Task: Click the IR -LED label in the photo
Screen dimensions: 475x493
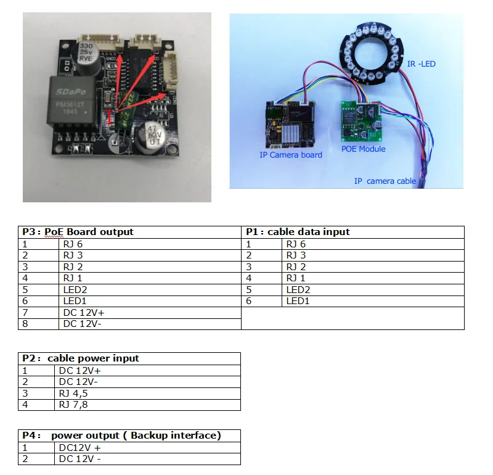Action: (422, 64)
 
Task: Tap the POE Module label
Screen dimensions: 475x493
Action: (364, 149)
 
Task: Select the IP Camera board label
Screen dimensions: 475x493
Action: (291, 155)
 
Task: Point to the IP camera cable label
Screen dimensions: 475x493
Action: (385, 181)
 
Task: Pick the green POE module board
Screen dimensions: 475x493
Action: (363, 119)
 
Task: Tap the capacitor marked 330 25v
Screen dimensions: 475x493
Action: (87, 49)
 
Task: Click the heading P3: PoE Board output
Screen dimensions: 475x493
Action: (78, 232)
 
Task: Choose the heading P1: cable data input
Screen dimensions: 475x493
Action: (298, 232)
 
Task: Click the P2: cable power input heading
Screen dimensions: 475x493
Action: (81, 358)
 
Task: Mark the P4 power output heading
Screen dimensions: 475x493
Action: (121, 436)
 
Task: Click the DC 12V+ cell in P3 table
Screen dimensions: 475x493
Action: (83, 312)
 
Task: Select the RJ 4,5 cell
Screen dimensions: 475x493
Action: (74, 394)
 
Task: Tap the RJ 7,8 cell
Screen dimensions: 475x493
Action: (74, 405)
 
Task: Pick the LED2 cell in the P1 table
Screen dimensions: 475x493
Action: (298, 289)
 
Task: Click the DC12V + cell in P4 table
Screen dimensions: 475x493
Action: (80, 447)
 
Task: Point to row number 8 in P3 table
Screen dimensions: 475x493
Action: (25, 323)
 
